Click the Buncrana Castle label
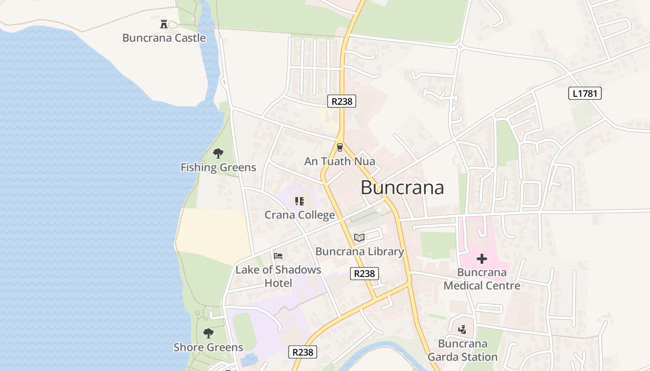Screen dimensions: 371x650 (x=164, y=38)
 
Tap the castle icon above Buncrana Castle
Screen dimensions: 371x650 (x=163, y=24)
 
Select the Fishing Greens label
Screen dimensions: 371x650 (x=218, y=167)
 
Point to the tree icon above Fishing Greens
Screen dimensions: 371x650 (x=218, y=154)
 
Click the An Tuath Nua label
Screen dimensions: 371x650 (x=339, y=161)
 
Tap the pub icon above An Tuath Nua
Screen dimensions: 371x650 (x=340, y=147)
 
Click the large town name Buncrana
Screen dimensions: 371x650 (x=402, y=188)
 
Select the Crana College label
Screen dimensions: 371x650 (x=299, y=215)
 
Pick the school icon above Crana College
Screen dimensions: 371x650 (x=299, y=201)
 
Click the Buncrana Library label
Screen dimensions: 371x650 (x=359, y=251)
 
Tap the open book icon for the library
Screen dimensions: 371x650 (x=359, y=237)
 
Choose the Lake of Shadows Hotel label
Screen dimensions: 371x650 (x=278, y=276)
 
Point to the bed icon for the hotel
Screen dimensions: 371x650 (x=278, y=256)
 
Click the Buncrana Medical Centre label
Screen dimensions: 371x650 (x=482, y=279)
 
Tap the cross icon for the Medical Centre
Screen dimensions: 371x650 (x=482, y=259)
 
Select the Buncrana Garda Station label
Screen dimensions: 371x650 (x=462, y=350)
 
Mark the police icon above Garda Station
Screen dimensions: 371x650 (x=462, y=330)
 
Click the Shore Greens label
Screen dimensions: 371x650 (x=208, y=347)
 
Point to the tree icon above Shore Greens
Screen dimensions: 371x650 (x=208, y=333)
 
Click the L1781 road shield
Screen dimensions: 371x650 (x=585, y=94)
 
